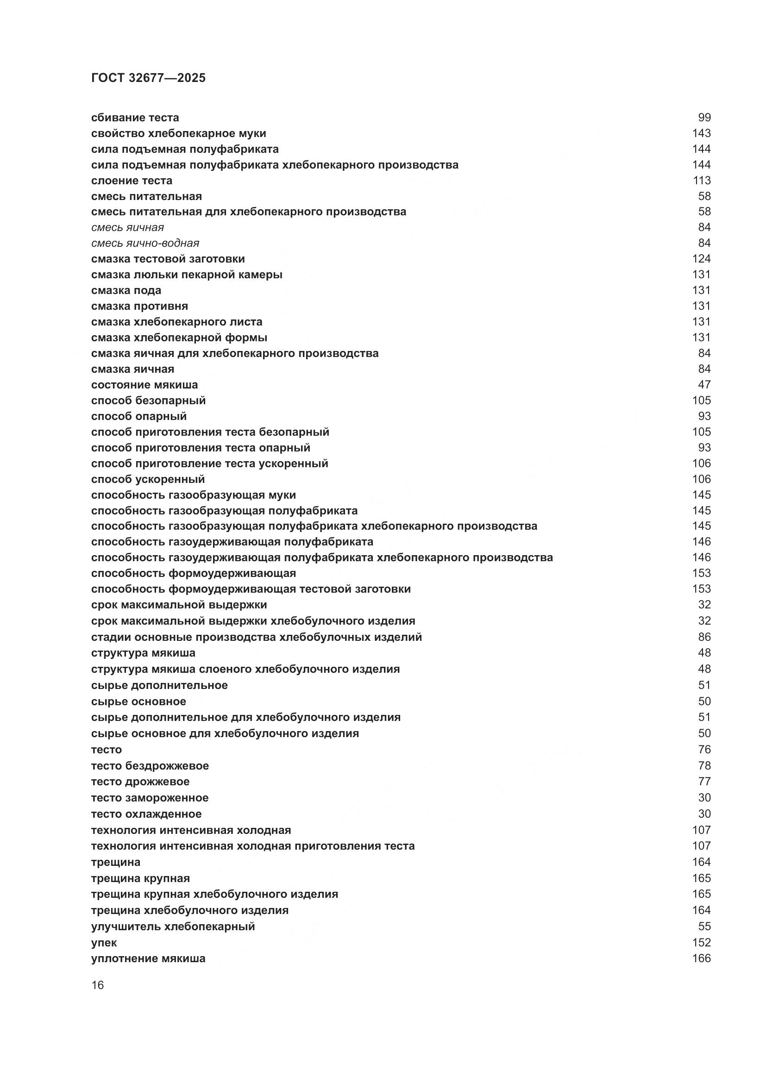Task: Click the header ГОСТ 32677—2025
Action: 148,78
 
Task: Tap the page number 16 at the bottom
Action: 97,985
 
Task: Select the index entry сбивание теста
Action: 135,118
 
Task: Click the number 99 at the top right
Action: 704,118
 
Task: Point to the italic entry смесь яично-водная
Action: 145,243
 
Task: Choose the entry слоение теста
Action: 132,180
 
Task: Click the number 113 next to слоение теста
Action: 701,180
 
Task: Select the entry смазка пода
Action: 126,290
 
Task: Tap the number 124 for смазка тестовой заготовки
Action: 701,258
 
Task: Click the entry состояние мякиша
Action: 144,384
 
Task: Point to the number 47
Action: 704,384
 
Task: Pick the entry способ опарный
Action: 138,416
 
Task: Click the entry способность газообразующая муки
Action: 194,495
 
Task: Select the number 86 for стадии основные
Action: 704,637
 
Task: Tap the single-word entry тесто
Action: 106,750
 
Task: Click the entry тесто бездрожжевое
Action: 150,765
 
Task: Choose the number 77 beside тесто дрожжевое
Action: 704,782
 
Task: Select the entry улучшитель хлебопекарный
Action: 173,926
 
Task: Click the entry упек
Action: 104,942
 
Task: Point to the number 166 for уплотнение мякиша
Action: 701,958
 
